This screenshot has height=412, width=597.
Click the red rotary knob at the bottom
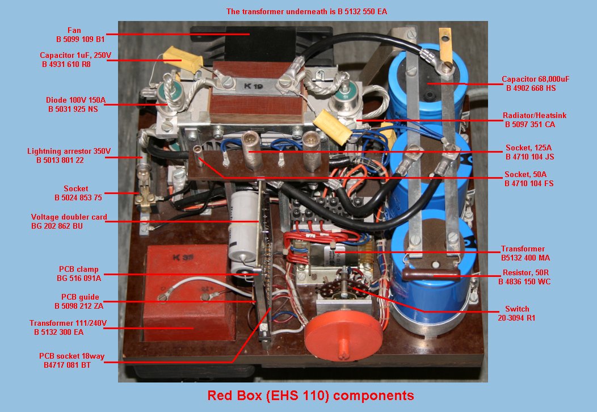click(x=343, y=335)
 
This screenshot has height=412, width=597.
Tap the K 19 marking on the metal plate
click(x=253, y=86)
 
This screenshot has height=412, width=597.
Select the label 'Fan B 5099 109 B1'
click(x=81, y=35)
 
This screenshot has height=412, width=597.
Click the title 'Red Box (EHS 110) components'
click(x=310, y=395)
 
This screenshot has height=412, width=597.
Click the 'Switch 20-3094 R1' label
click(x=516, y=313)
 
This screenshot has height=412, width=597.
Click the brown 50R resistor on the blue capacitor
click(x=430, y=275)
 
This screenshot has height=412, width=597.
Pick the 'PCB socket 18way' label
click(x=72, y=360)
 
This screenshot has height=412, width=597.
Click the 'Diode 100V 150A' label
click(x=76, y=104)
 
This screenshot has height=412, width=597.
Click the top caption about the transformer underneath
click(x=306, y=11)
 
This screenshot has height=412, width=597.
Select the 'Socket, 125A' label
click(x=529, y=152)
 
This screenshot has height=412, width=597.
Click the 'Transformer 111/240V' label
click(x=68, y=327)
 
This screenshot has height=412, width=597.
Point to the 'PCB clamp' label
click(x=79, y=274)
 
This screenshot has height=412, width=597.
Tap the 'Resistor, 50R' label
click(x=525, y=277)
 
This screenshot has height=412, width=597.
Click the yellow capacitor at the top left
click(x=182, y=60)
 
